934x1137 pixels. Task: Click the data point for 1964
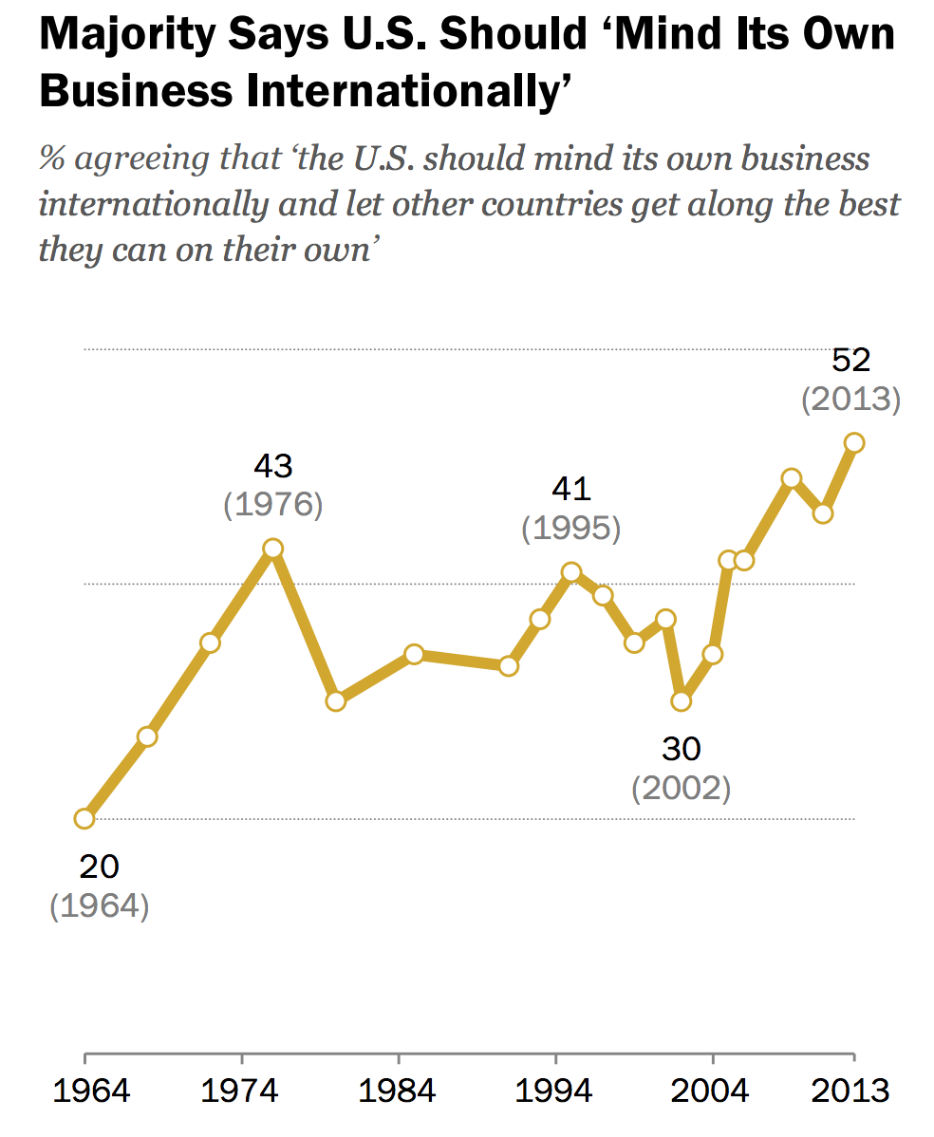(84, 818)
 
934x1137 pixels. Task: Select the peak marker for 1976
(273, 549)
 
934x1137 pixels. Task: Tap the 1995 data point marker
(571, 571)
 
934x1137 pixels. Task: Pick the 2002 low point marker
(681, 701)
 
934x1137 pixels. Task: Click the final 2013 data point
(854, 442)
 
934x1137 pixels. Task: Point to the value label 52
(850, 361)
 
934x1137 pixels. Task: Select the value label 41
(571, 490)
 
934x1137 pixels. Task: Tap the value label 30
(681, 750)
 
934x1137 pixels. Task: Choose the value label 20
(99, 867)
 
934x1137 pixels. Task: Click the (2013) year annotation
(850, 400)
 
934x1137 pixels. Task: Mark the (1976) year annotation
(273, 504)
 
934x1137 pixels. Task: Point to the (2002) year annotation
(682, 789)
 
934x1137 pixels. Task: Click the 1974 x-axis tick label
(242, 1091)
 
